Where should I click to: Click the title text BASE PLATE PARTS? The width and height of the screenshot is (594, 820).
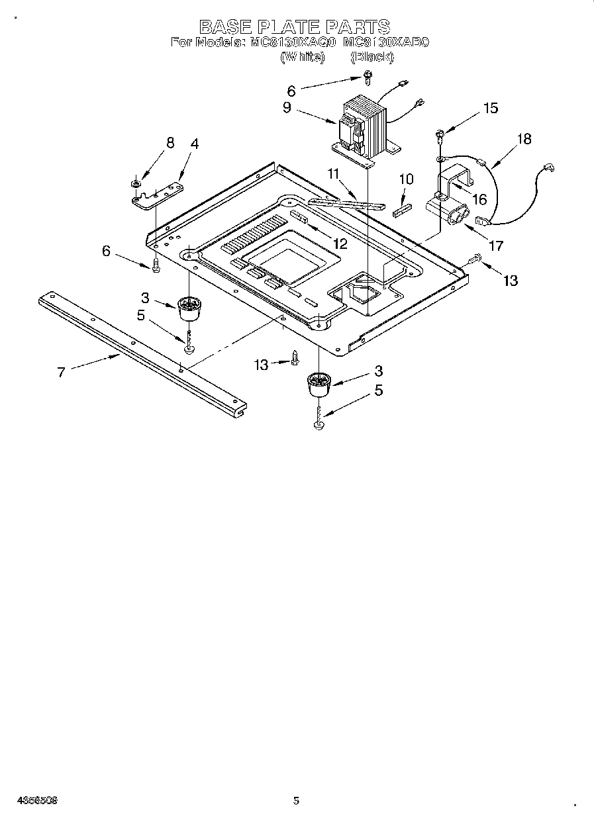coord(295,26)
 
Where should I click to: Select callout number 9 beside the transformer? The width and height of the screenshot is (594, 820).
coord(287,107)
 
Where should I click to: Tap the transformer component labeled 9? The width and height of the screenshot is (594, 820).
coord(364,126)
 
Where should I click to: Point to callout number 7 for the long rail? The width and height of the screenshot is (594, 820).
coord(62,372)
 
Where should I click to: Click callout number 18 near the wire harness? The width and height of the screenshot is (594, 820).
coord(524,139)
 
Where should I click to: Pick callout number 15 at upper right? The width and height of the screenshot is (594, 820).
coord(491,109)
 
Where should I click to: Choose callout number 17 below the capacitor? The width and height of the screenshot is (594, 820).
coord(495,246)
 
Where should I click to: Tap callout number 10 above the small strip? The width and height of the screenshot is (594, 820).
coord(406,179)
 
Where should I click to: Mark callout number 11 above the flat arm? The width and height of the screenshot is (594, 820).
coord(333,174)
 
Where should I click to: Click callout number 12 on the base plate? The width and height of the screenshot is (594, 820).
coord(340,244)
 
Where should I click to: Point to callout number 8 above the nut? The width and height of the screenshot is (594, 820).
coord(170,143)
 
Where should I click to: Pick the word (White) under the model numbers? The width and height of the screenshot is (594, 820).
coord(303,57)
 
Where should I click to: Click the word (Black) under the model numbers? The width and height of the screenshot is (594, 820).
coord(371,57)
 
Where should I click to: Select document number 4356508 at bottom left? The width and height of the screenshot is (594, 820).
coord(30,799)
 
